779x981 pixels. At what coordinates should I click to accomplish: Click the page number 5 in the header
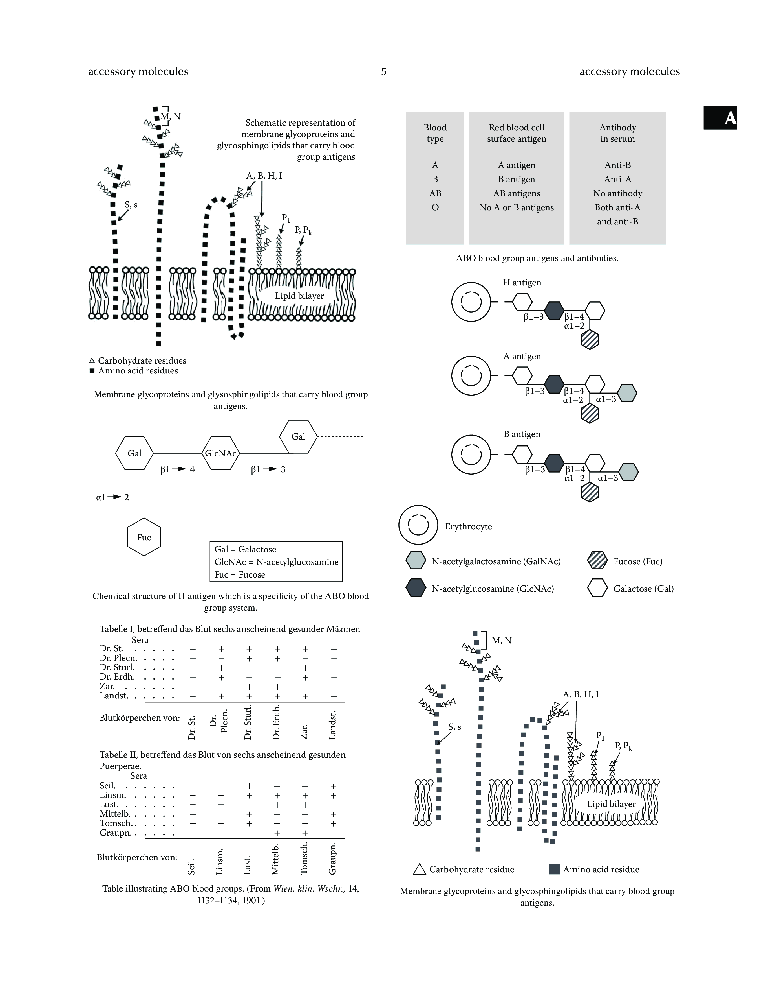[x=384, y=71]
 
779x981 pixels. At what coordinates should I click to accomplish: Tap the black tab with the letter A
[x=720, y=118]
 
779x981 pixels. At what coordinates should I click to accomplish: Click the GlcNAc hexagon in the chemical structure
[x=220, y=453]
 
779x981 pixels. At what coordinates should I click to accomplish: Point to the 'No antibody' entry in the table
[x=617, y=193]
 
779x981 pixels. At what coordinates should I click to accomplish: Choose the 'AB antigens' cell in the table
[x=516, y=193]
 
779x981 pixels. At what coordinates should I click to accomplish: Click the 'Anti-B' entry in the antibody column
[x=617, y=165]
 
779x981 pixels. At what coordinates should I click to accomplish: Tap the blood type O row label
[x=435, y=207]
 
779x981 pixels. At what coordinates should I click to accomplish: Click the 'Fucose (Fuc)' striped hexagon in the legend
[x=597, y=561]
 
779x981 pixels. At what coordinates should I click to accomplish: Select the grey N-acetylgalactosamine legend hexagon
[x=415, y=561]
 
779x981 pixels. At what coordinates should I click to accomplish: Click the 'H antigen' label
[x=522, y=283]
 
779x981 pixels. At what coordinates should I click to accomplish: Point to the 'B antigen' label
[x=522, y=434]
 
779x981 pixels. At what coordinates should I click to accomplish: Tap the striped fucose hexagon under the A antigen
[x=590, y=414]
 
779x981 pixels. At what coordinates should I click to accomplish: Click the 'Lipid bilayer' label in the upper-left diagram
[x=299, y=296]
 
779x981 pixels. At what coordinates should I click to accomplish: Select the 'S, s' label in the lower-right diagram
[x=454, y=727]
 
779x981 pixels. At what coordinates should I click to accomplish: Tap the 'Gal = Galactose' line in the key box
[x=245, y=549]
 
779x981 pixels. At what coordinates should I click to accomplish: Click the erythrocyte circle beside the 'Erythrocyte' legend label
[x=418, y=525]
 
